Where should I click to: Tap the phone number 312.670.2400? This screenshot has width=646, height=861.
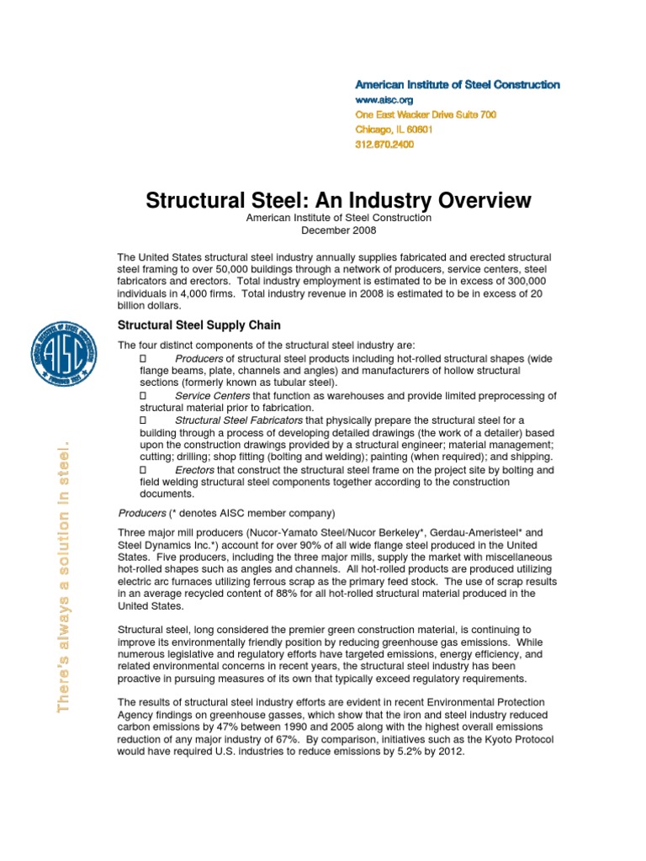(384, 145)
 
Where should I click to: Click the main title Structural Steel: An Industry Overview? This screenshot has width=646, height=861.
(338, 200)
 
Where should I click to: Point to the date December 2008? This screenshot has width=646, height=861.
(338, 230)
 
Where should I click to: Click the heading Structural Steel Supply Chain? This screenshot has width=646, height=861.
(199, 325)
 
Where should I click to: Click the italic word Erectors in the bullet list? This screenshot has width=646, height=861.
(194, 470)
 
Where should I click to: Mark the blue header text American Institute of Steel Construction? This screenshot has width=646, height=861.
(457, 85)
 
